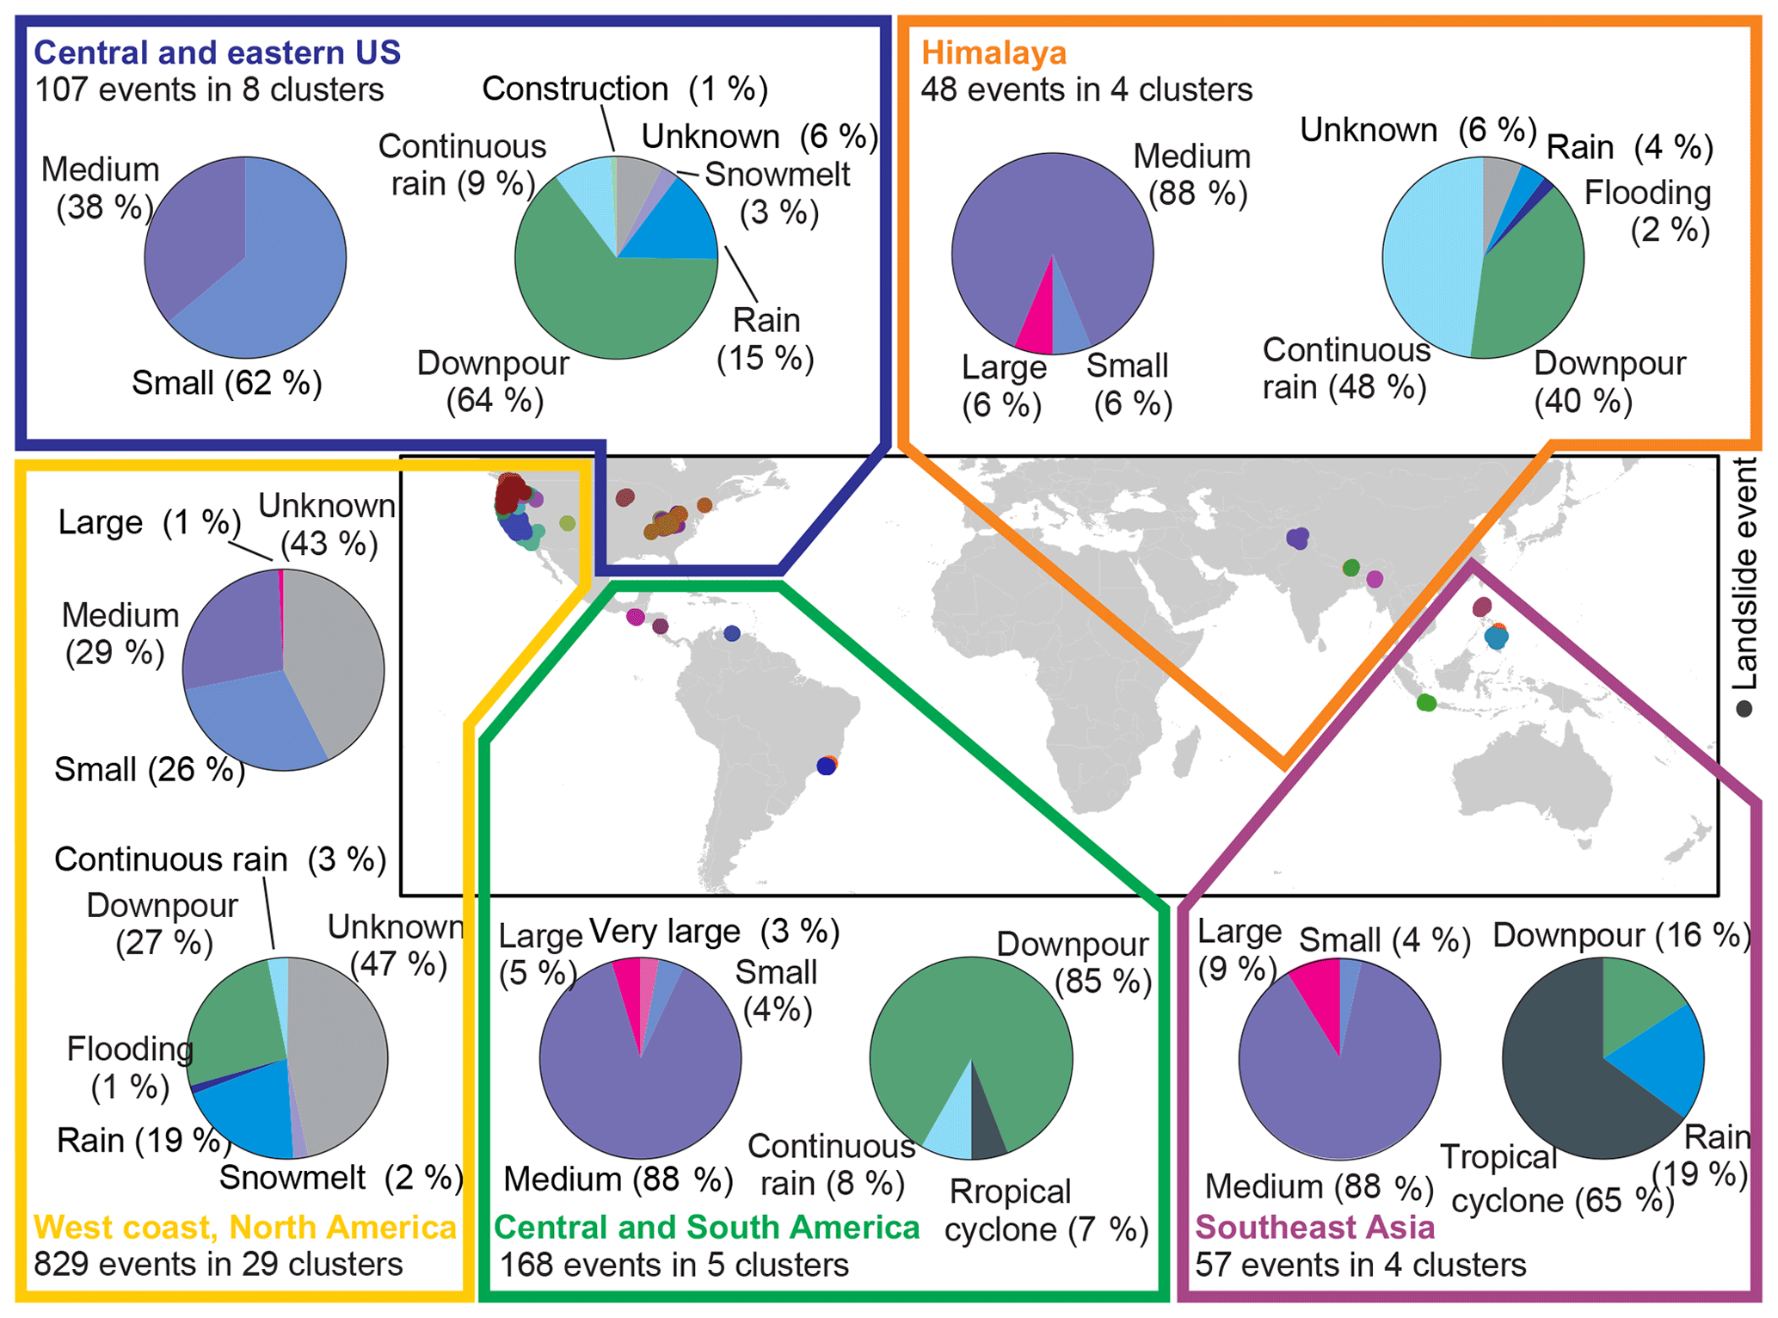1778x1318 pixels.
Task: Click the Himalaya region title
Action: (x=994, y=53)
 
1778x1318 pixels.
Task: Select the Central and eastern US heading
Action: (x=217, y=53)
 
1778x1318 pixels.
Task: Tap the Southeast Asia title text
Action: (x=1314, y=1227)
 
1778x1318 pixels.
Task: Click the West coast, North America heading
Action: (x=245, y=1227)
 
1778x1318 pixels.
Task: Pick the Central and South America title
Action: (x=706, y=1227)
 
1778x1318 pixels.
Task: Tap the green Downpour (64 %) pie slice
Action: (x=602, y=301)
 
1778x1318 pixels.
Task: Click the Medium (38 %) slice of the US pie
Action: (x=194, y=241)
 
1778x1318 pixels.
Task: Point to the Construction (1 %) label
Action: (x=624, y=89)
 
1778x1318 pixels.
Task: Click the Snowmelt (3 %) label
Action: (x=778, y=193)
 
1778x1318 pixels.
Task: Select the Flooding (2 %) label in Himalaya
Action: (x=1647, y=212)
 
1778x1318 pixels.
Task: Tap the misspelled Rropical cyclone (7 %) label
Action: (x=1046, y=1210)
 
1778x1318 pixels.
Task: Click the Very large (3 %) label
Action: (x=713, y=932)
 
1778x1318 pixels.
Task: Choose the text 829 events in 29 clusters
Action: (x=218, y=1265)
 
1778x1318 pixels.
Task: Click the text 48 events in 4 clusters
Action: (x=1086, y=89)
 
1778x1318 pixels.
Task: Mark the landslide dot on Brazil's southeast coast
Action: (x=827, y=765)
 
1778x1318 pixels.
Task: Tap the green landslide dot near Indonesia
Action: (x=1425, y=703)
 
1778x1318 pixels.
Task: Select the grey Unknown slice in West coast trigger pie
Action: (x=340, y=1058)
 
